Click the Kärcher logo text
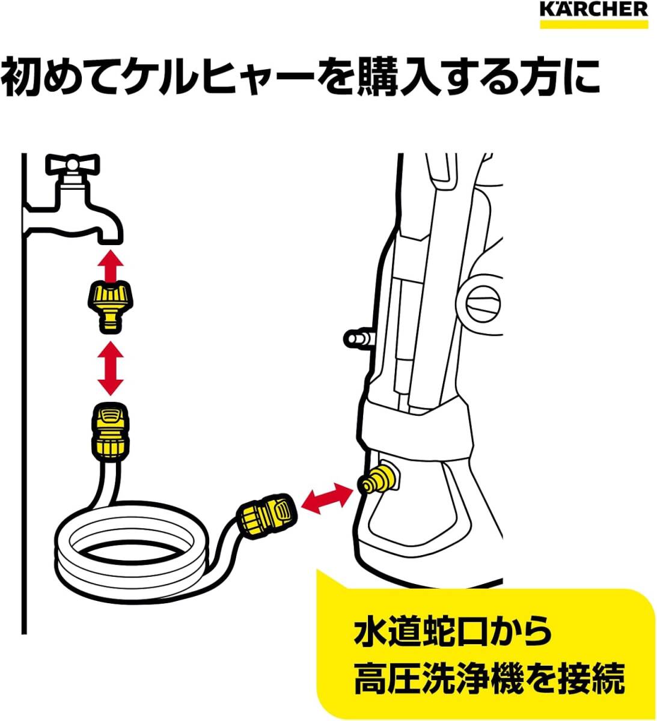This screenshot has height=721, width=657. point(594,10)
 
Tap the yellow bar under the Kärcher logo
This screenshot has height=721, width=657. point(594,24)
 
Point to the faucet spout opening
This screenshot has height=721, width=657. point(111,242)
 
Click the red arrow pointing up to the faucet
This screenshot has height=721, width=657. point(111,266)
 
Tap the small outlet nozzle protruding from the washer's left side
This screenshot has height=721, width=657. point(358,338)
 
